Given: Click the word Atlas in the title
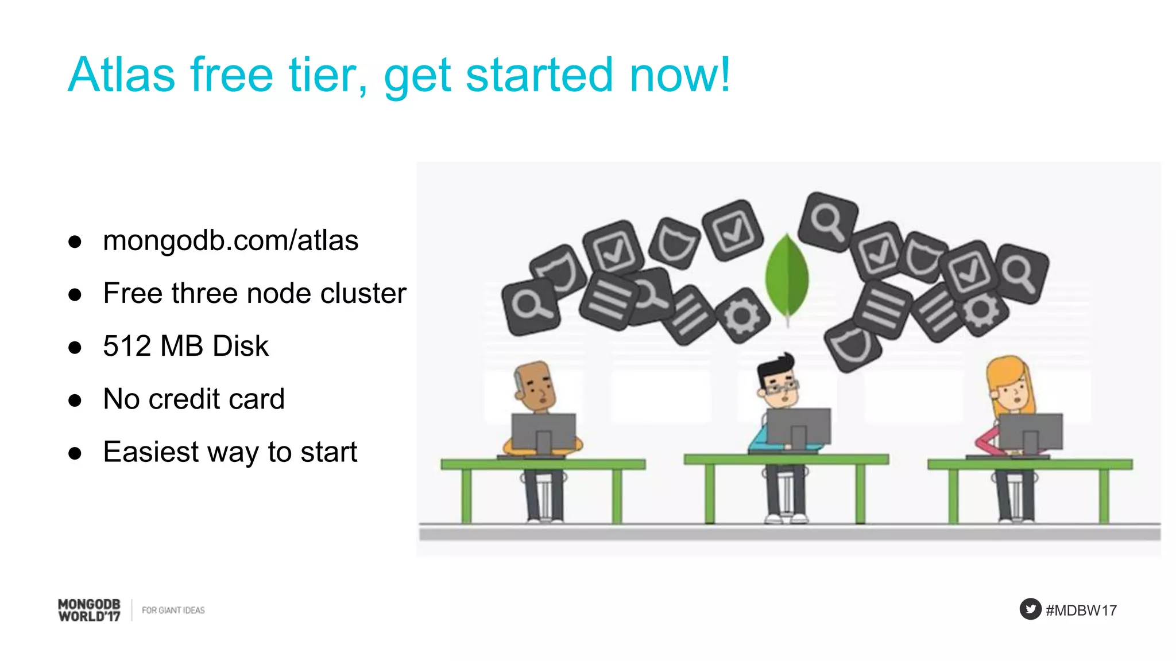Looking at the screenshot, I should tap(121, 75).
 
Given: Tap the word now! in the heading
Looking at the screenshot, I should tap(680, 75).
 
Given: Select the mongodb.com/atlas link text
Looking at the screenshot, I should tap(230, 240).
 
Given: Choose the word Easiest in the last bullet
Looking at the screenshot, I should tap(151, 452).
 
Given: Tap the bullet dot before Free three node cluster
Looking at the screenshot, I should tap(75, 295).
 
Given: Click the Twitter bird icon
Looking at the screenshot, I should tap(1030, 609).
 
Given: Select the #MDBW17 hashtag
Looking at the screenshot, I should tap(1081, 610).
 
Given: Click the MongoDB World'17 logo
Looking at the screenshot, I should tap(90, 610).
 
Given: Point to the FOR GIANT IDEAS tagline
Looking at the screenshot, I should tap(173, 610).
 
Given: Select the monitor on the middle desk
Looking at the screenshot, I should tap(798, 427).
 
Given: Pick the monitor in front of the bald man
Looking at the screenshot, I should tap(543, 431).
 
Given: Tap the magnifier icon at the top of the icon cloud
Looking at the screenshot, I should tap(828, 221).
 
